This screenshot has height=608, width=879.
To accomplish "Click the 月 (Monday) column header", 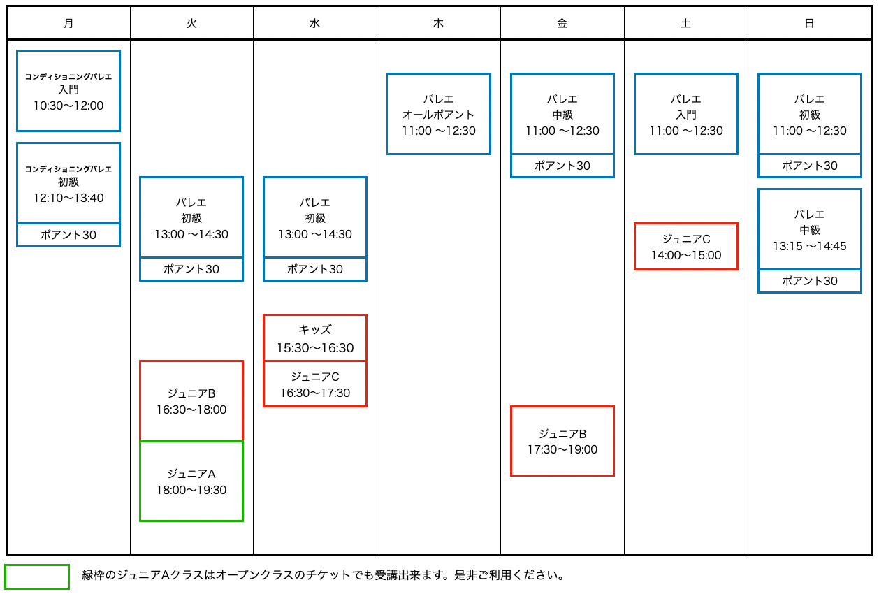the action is (x=68, y=24).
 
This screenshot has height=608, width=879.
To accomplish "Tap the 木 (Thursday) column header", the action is (x=438, y=24).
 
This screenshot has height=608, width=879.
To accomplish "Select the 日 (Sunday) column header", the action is (x=809, y=24).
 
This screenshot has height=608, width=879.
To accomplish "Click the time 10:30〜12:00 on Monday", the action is (x=68, y=106).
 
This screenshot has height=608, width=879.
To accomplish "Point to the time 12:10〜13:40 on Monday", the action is (x=68, y=198).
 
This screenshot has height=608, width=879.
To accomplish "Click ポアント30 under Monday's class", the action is (x=68, y=235).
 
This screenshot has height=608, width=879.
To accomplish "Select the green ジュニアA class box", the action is (x=191, y=482).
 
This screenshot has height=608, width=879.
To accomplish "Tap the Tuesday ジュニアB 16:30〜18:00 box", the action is (x=191, y=400).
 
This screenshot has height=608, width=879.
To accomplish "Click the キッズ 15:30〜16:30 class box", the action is (x=315, y=338).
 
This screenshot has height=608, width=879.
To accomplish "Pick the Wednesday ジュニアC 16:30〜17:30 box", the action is (x=315, y=384).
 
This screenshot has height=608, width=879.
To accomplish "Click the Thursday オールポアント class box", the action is (x=439, y=114).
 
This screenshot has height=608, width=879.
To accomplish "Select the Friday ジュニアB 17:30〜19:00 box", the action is (x=562, y=441).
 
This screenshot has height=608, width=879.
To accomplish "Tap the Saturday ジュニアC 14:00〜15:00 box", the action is (x=686, y=247).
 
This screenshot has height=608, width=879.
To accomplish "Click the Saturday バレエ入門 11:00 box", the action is (x=686, y=114).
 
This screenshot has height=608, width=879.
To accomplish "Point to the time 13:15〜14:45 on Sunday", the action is (x=810, y=246).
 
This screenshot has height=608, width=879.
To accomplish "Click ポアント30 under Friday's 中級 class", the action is (x=562, y=166).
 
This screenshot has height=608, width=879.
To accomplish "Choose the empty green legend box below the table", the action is (x=37, y=577).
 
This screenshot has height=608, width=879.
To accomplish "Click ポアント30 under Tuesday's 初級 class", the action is (x=191, y=269).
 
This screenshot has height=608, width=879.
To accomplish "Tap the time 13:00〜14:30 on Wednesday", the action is (x=315, y=234).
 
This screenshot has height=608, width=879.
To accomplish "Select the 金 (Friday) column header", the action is (x=562, y=24).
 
